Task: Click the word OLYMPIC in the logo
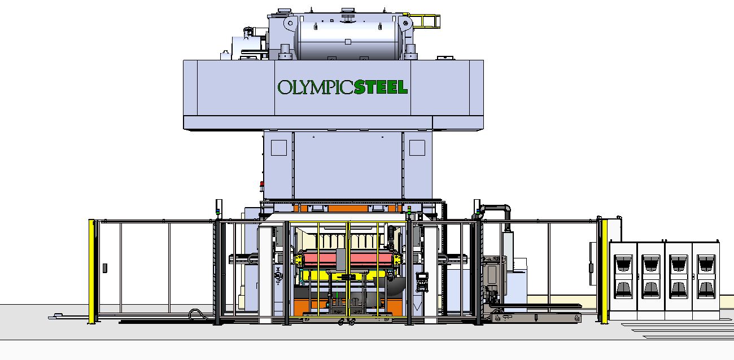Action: (316, 87)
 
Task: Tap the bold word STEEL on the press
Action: (381, 87)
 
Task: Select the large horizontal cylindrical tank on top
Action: (348, 39)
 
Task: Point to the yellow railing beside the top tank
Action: (426, 21)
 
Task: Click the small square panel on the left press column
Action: (279, 148)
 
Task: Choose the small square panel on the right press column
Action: (417, 148)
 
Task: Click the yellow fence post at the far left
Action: (91, 271)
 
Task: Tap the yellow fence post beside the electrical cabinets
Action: (604, 271)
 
